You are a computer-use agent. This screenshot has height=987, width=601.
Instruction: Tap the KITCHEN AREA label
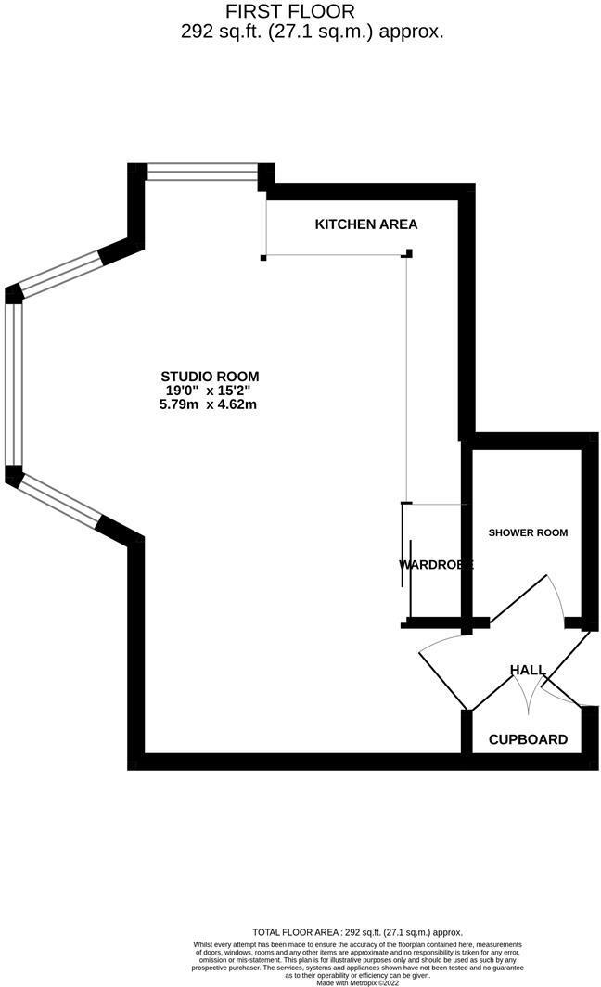366,224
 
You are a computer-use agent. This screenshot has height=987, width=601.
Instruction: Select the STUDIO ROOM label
210,377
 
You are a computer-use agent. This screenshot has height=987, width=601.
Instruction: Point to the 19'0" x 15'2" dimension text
210,391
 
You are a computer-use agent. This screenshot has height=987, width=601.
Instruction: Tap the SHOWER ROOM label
528,532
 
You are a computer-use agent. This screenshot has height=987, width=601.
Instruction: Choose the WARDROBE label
436,564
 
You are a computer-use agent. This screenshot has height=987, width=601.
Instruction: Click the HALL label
527,670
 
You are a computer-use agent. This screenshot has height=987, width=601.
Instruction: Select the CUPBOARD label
528,739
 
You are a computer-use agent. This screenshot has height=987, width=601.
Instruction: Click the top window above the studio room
202,172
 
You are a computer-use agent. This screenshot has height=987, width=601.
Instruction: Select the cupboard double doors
538,691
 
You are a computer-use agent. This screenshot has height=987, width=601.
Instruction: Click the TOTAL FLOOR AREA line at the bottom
357,932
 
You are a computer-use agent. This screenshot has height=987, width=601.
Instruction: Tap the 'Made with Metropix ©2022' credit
357,982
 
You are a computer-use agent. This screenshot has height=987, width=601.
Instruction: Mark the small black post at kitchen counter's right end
409,252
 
